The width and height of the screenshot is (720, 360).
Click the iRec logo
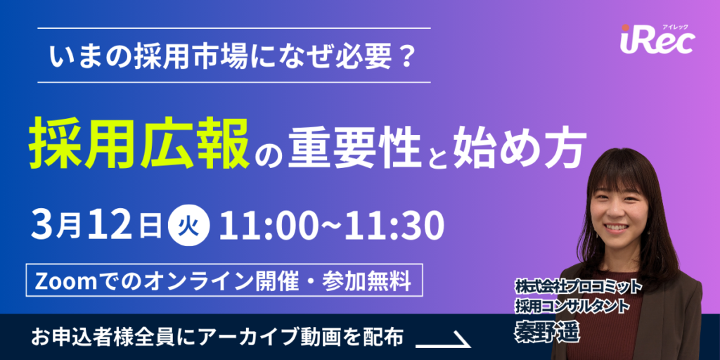(657, 41)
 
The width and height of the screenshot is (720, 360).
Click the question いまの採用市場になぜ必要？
(233, 56)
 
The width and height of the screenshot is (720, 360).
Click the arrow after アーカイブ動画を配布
(443, 340)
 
